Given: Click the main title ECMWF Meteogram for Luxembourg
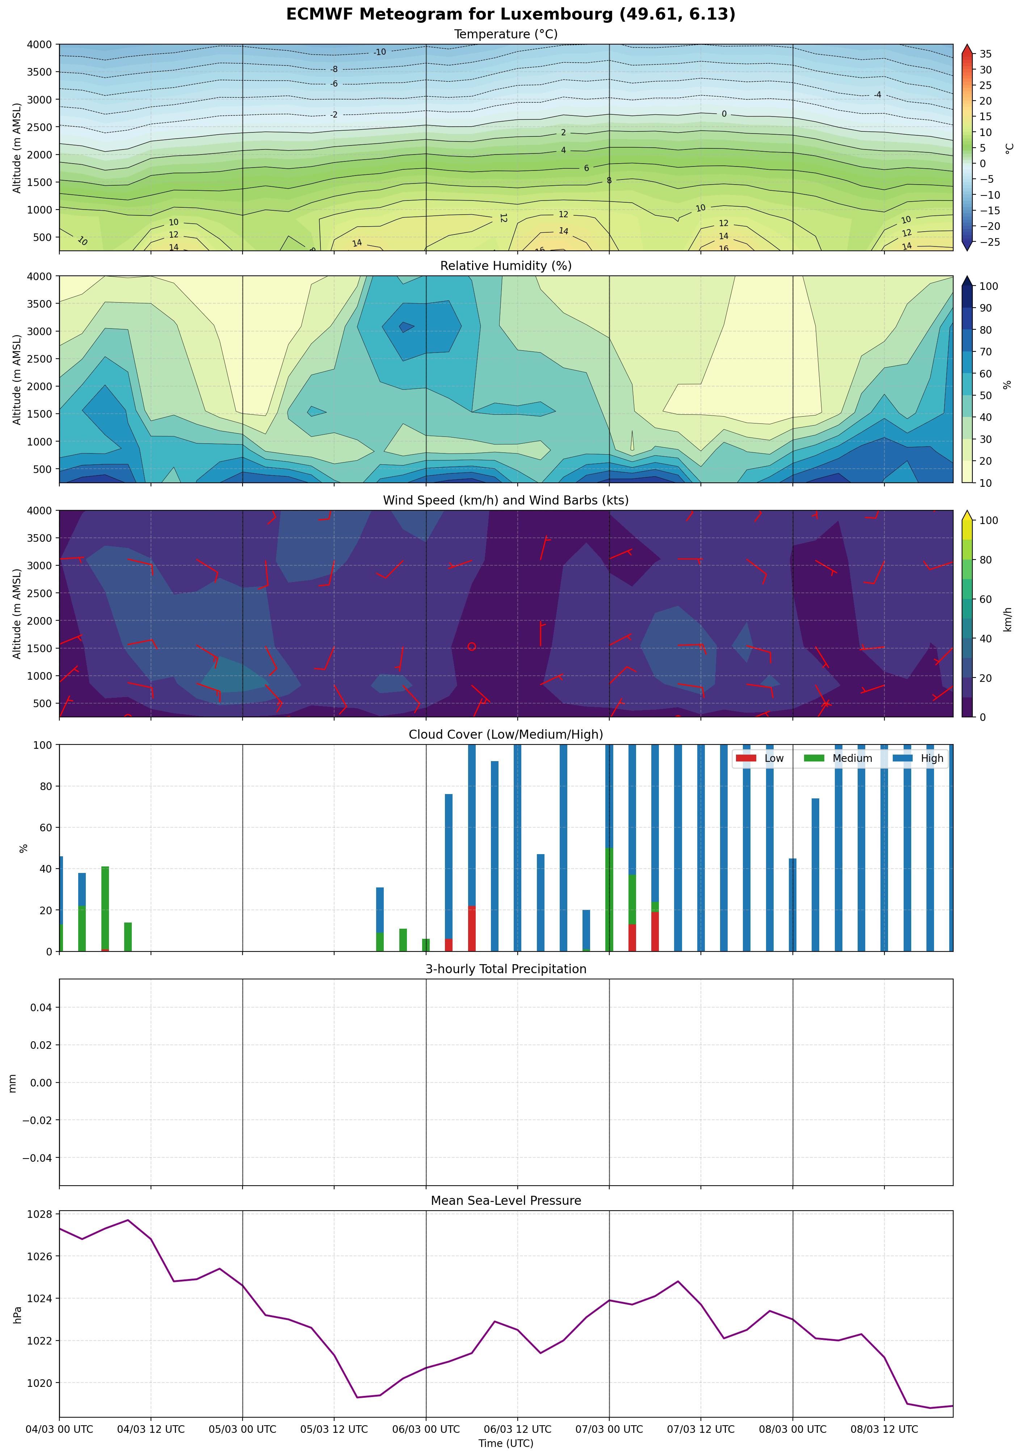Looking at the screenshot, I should pos(511,14).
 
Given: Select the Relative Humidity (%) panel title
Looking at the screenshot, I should pos(506,266).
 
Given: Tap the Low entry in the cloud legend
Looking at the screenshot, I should pos(773,759).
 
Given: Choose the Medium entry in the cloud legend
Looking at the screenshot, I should pos(852,759).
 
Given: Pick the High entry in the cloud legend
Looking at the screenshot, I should pos(931,759).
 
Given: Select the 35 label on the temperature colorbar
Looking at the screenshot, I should pos(985,54).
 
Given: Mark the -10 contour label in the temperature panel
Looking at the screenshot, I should pos(379,52).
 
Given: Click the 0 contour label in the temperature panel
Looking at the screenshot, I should pos(724,114).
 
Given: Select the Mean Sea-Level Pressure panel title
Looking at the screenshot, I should pos(506,1200).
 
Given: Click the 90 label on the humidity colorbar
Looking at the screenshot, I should pos(985,308).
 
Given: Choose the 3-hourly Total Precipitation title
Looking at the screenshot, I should pos(506,969).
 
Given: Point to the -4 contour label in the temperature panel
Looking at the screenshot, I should pos(877,94).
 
